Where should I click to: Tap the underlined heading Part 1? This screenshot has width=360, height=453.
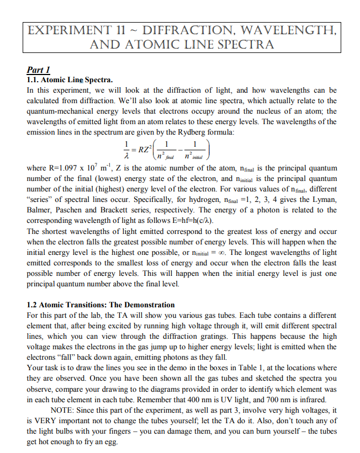tap(39, 70)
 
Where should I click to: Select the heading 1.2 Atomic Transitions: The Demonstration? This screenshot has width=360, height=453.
tap(100, 305)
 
